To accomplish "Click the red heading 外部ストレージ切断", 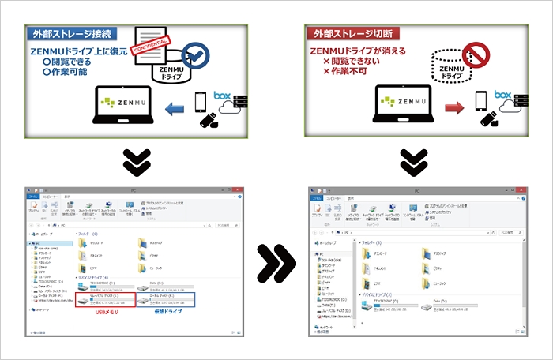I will [x=352, y=35].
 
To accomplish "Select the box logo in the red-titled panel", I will [x=503, y=96].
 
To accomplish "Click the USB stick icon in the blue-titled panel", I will [x=209, y=120].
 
